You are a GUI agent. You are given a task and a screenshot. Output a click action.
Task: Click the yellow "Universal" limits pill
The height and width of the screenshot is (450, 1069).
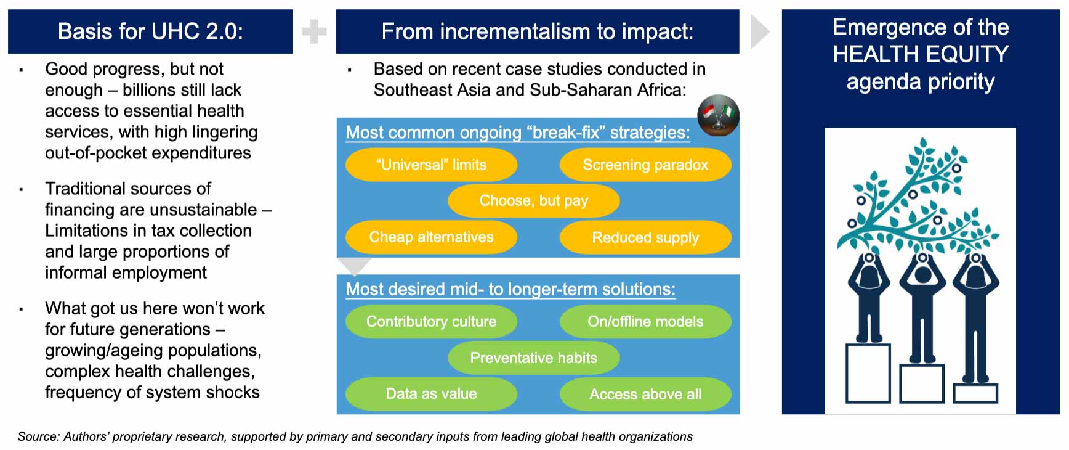431,165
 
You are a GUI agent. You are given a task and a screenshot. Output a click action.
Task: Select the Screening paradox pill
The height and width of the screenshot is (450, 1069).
645,165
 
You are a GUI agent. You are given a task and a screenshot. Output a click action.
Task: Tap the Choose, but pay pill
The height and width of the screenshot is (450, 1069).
534,200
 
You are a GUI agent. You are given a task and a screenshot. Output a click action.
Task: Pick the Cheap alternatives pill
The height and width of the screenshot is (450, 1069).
431,237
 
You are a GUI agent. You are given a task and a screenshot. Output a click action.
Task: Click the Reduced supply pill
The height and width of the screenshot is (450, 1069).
645,237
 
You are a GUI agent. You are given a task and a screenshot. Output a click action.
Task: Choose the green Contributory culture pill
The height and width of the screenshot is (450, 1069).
431,321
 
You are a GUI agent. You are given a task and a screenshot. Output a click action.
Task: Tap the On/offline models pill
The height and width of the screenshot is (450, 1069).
645,321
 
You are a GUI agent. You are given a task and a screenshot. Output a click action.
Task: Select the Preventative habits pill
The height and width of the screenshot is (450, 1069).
534,358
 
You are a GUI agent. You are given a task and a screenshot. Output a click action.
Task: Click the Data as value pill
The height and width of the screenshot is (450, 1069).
431,393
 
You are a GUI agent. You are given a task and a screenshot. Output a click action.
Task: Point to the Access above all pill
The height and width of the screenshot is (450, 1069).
645,393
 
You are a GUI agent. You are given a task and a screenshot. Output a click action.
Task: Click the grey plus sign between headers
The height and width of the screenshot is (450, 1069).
314,31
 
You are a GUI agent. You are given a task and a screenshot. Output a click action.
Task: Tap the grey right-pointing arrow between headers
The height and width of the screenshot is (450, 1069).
760,31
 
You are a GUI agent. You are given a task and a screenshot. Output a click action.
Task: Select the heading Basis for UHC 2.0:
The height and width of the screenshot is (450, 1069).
150,31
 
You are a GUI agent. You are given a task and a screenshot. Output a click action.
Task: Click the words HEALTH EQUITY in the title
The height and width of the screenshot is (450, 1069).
921,54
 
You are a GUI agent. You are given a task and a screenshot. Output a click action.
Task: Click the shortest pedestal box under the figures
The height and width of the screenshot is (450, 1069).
975,393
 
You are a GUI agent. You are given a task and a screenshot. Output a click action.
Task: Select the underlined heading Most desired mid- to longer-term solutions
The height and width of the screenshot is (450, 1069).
510,289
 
